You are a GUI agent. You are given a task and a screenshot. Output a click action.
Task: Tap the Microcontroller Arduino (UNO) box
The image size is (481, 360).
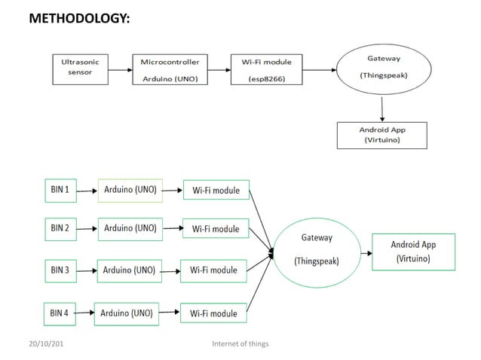click(x=170, y=69)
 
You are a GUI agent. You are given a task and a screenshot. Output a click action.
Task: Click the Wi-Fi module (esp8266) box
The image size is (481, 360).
click(x=271, y=69)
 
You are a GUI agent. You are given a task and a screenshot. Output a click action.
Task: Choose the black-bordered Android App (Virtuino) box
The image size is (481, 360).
click(x=383, y=134)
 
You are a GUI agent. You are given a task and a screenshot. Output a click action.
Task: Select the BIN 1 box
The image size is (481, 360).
click(x=60, y=190)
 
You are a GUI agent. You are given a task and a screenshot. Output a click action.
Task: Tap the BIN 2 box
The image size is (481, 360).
click(x=60, y=227)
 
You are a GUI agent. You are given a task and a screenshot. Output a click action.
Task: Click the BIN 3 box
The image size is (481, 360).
click(x=60, y=270)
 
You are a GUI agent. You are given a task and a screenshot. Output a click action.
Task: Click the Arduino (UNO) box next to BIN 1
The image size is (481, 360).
click(x=130, y=190)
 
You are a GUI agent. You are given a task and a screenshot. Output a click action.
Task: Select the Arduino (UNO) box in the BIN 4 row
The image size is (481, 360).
click(x=126, y=313)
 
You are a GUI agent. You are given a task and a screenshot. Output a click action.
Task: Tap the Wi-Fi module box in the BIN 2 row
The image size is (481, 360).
click(x=216, y=229)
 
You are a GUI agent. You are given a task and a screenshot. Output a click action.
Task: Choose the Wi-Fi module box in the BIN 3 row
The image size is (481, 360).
click(x=213, y=270)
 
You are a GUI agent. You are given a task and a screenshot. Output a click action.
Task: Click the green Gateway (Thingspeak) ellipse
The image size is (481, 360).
click(x=317, y=249)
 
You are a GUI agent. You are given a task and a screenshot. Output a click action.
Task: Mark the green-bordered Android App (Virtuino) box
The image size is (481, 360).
click(x=413, y=252)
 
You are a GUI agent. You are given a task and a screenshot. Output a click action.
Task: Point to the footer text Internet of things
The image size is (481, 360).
click(x=240, y=344)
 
